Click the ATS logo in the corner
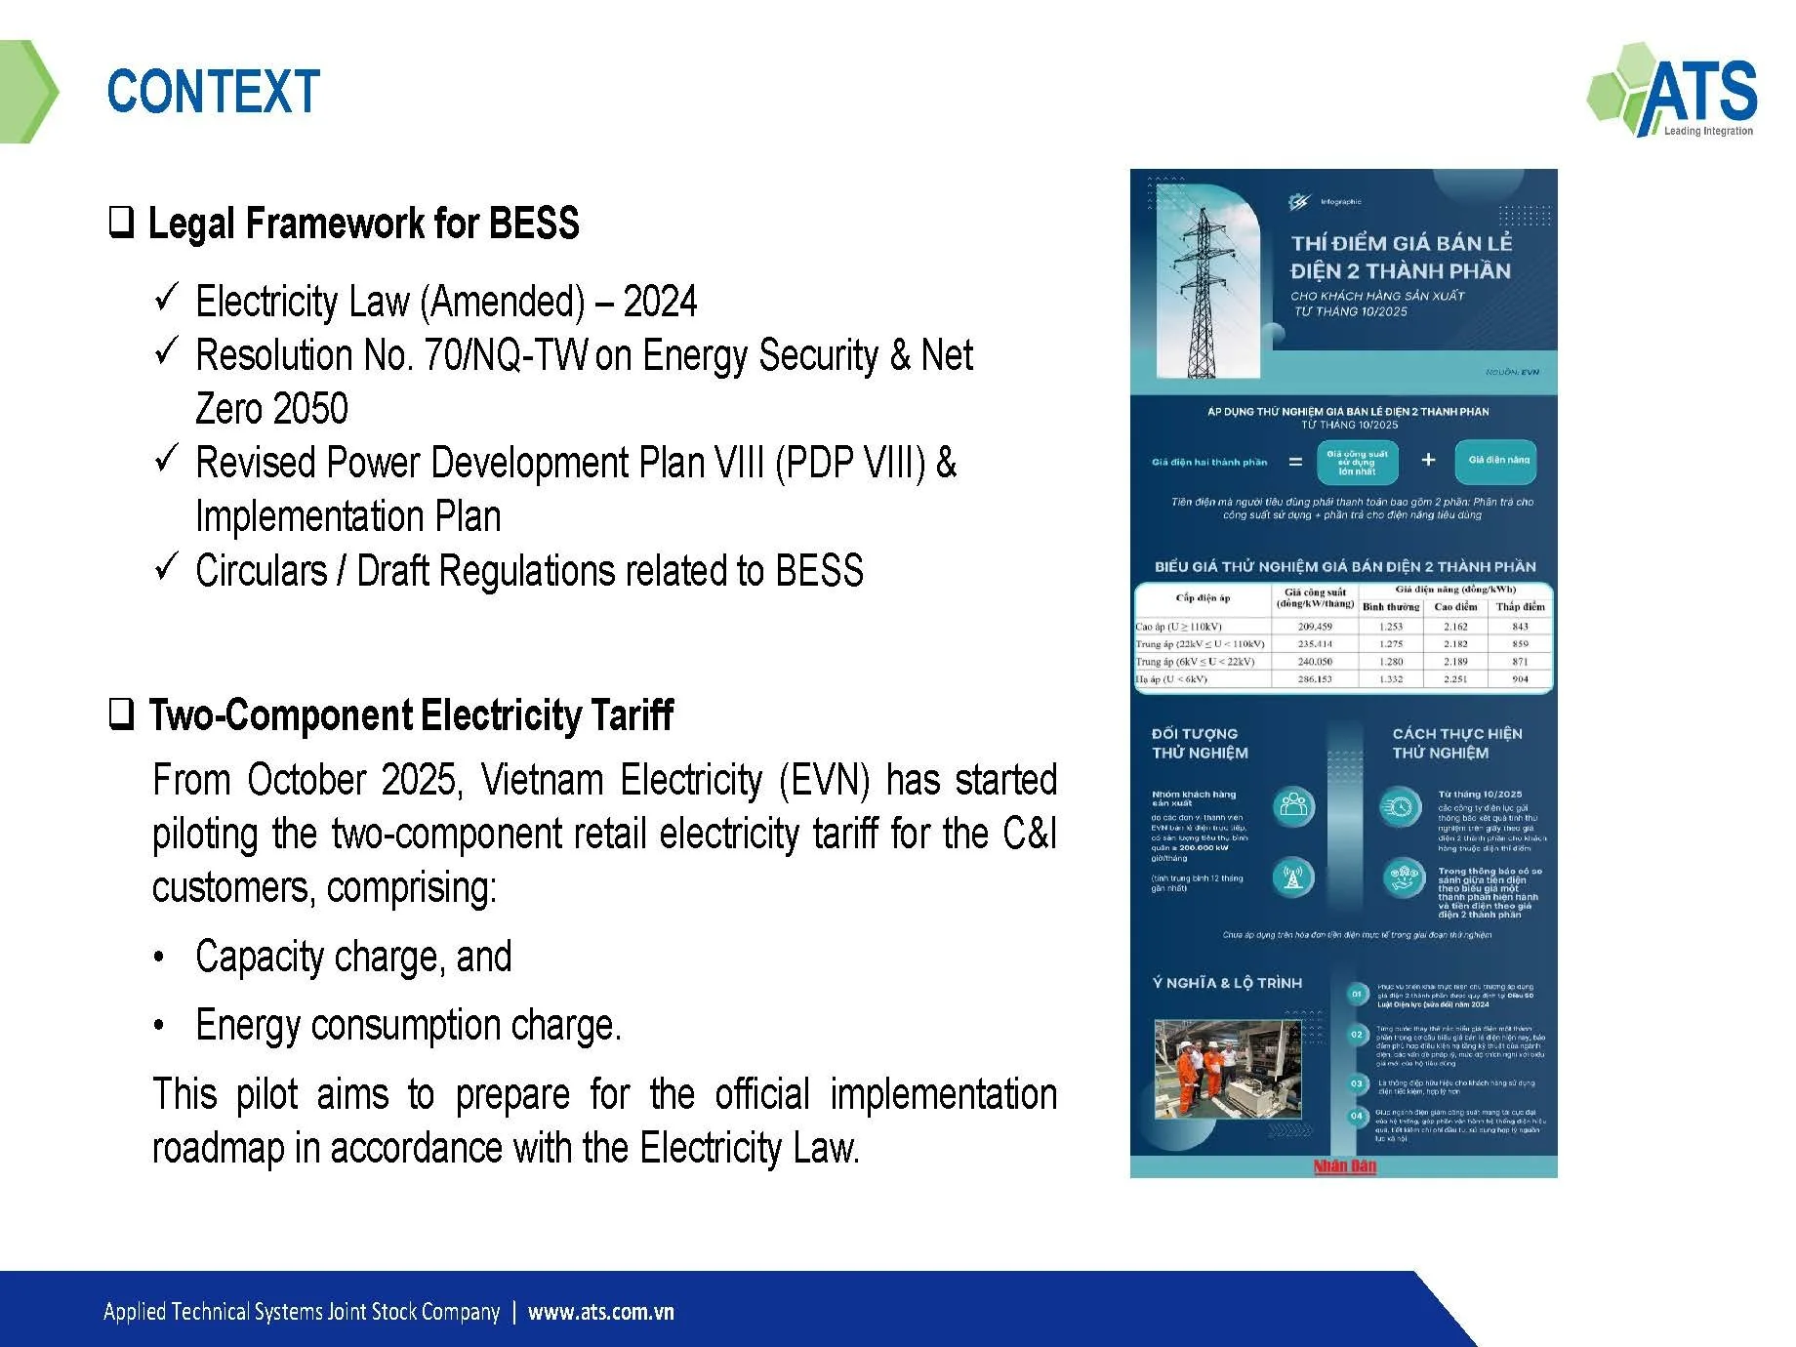click(x=1672, y=91)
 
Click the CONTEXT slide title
click(x=213, y=92)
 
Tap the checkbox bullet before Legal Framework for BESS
click(x=121, y=223)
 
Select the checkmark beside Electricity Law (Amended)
click(x=167, y=297)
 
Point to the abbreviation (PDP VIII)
click(x=849, y=463)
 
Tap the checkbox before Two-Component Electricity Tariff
click(x=121, y=714)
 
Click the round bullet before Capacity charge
click(x=159, y=958)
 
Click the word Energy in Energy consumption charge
click(x=248, y=1025)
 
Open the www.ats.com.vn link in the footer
click(x=600, y=1312)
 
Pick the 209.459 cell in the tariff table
click(x=1314, y=627)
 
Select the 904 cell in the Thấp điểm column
click(x=1519, y=679)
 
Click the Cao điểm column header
click(x=1454, y=607)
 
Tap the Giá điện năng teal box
click(x=1497, y=460)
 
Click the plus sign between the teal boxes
click(x=1427, y=460)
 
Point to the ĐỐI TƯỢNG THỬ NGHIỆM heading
click(x=1200, y=743)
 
